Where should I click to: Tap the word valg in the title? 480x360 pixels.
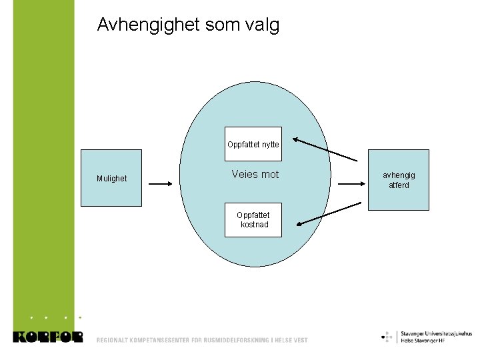(x=263, y=25)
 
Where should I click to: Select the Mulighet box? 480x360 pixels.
(x=111, y=179)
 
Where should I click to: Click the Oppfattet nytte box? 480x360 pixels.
(x=253, y=144)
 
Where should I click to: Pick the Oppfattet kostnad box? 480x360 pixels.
(x=253, y=220)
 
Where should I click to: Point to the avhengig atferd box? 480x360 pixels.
(x=398, y=180)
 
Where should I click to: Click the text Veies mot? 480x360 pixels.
(x=255, y=175)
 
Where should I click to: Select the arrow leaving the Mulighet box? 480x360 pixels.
(x=160, y=181)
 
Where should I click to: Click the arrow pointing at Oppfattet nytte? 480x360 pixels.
(x=325, y=149)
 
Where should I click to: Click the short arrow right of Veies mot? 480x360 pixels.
(x=350, y=181)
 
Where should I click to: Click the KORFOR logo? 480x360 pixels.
(x=48, y=337)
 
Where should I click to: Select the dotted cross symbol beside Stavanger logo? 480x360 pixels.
(x=387, y=337)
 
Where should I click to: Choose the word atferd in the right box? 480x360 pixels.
(x=399, y=185)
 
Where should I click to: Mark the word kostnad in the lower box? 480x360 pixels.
(x=255, y=225)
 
